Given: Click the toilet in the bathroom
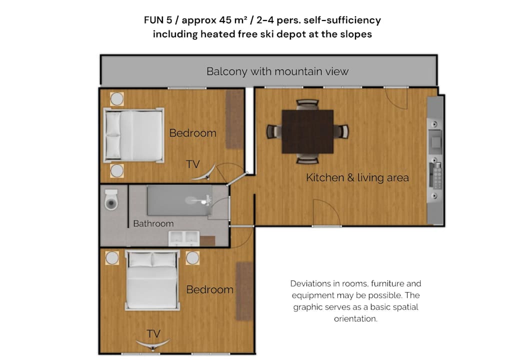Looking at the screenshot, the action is pyautogui.click(x=111, y=199).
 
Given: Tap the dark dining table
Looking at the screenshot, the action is pyautogui.click(x=307, y=131).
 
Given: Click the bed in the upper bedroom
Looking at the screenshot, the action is pyautogui.click(x=133, y=135).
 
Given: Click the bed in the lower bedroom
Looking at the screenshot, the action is pyautogui.click(x=152, y=280).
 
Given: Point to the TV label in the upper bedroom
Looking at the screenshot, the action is pyautogui.click(x=193, y=164).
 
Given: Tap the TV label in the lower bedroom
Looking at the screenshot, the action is pyautogui.click(x=153, y=333).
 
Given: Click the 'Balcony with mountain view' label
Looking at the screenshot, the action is pyautogui.click(x=277, y=71).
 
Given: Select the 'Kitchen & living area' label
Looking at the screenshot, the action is pyautogui.click(x=357, y=177).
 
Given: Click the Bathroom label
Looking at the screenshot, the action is pyautogui.click(x=153, y=223).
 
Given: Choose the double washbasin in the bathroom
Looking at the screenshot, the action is pyautogui.click(x=183, y=238).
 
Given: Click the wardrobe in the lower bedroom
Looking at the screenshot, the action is pyautogui.click(x=244, y=291).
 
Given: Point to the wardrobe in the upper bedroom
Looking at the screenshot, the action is pyautogui.click(x=234, y=119).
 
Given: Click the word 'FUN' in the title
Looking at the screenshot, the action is pyautogui.click(x=154, y=20).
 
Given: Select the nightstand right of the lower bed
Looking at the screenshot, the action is pyautogui.click(x=192, y=258).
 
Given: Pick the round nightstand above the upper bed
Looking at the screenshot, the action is pyautogui.click(x=117, y=99).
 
